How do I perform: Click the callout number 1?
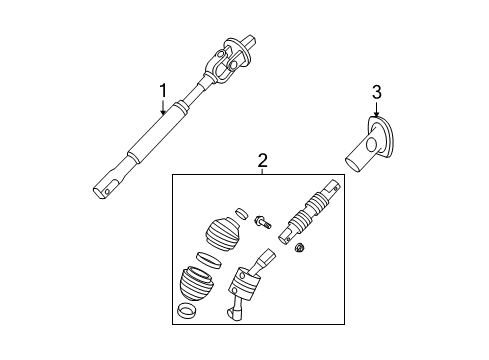tap(162, 93)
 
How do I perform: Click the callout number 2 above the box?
tap(262, 160)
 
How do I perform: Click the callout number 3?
tap(376, 93)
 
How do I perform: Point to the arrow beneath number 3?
tap(376, 112)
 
